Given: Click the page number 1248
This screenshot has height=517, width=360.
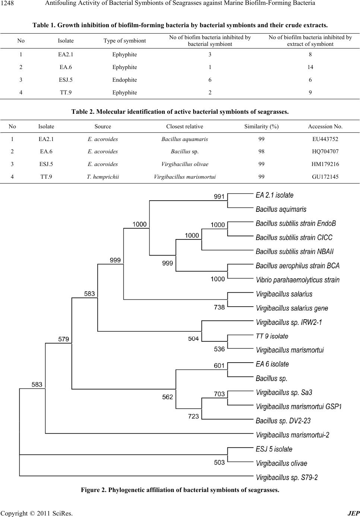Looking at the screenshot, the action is [x=7, y=3].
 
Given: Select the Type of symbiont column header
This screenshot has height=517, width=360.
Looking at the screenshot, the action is [x=124, y=41].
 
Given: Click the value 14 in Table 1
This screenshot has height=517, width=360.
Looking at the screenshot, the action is [x=310, y=67].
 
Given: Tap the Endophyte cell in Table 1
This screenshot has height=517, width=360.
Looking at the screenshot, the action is [x=124, y=80].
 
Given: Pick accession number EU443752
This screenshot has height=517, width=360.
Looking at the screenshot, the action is [x=325, y=139].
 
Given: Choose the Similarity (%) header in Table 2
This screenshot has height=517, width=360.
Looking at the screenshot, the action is [x=261, y=126].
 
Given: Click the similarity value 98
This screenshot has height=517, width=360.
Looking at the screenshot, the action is [x=261, y=151].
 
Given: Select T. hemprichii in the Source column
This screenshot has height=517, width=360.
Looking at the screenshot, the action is [x=103, y=177].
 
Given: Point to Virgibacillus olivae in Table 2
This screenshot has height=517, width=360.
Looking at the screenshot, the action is [x=185, y=164].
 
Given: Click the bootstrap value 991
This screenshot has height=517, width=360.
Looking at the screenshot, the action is [x=219, y=197].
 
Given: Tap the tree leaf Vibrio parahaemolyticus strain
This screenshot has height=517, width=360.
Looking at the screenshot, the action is [x=297, y=280].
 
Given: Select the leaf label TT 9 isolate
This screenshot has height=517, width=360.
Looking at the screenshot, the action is [x=272, y=336].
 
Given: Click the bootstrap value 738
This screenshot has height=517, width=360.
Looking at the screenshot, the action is [x=219, y=307].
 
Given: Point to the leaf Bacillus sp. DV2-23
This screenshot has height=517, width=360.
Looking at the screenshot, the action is [x=283, y=421].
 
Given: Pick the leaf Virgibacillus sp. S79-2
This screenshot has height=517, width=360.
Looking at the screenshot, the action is [x=287, y=477].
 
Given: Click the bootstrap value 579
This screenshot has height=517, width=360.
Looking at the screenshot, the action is [x=63, y=339].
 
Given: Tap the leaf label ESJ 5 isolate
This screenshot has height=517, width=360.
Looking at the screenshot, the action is [x=274, y=449].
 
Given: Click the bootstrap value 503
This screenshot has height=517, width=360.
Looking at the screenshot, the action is [x=219, y=463].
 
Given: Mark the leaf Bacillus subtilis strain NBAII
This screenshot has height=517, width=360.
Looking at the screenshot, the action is [x=295, y=251].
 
